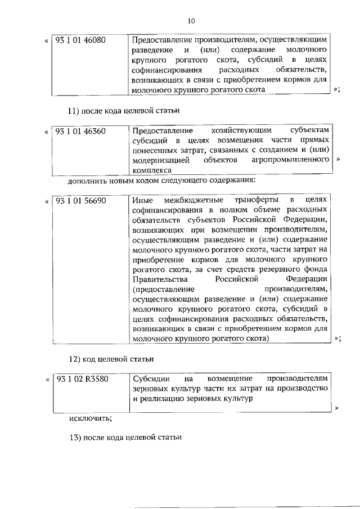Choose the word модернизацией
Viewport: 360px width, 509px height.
(160, 160)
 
